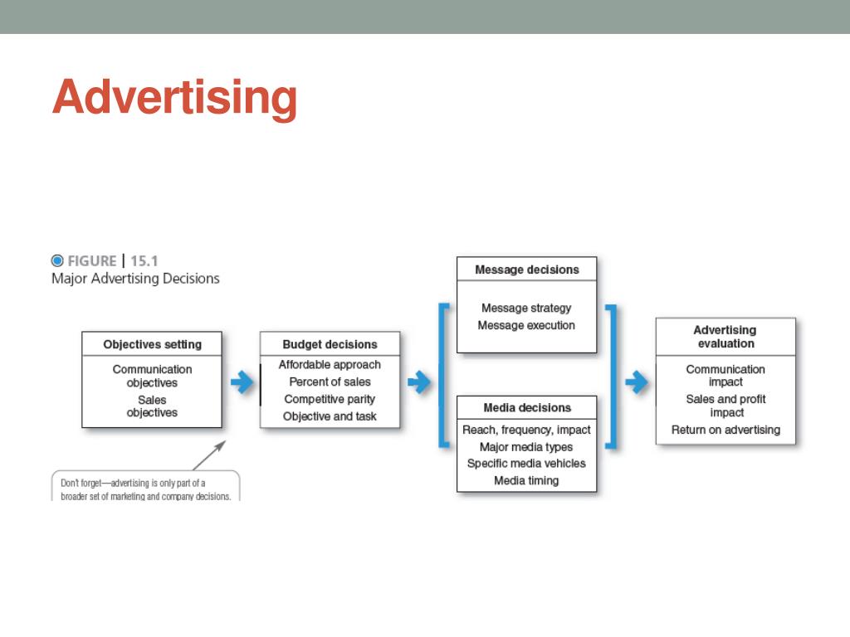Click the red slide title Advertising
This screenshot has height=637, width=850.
tap(174, 98)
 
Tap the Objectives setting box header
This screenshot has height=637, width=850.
tap(152, 344)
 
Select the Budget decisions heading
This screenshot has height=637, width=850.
tap(330, 344)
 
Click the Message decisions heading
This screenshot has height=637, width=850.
tap(526, 270)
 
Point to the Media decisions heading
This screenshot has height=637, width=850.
tap(527, 407)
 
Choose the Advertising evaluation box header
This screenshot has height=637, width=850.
tap(725, 337)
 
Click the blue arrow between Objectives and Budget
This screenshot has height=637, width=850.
tap(242, 382)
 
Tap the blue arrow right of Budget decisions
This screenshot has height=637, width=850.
tap(419, 382)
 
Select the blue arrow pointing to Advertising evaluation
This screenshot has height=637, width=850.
tap(637, 382)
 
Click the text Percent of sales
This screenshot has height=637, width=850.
tap(330, 382)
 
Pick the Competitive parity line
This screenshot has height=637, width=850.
tap(330, 399)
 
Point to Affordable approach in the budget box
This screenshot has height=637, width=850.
tap(330, 364)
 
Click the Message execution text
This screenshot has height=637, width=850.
tap(526, 325)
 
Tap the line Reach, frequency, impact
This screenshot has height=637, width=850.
tap(526, 430)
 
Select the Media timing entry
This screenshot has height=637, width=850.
tap(526, 480)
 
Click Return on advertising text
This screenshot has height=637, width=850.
tap(725, 430)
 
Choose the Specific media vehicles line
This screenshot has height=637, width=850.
tap(526, 464)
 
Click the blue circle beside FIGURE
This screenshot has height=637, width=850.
tap(57, 260)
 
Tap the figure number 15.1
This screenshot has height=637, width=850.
tap(144, 260)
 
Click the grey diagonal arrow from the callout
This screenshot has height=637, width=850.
tap(209, 455)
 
